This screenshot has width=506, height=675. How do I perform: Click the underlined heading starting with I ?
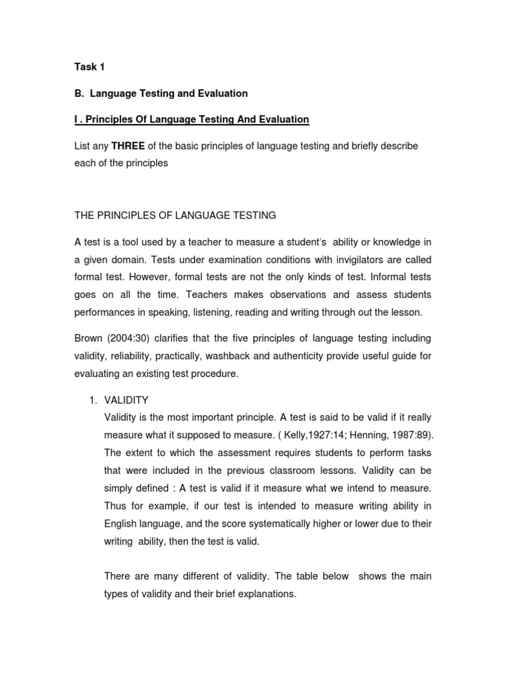pos(191,119)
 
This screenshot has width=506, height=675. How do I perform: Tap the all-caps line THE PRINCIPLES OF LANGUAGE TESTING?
pos(175,215)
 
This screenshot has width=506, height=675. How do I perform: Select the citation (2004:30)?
pos(133,338)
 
